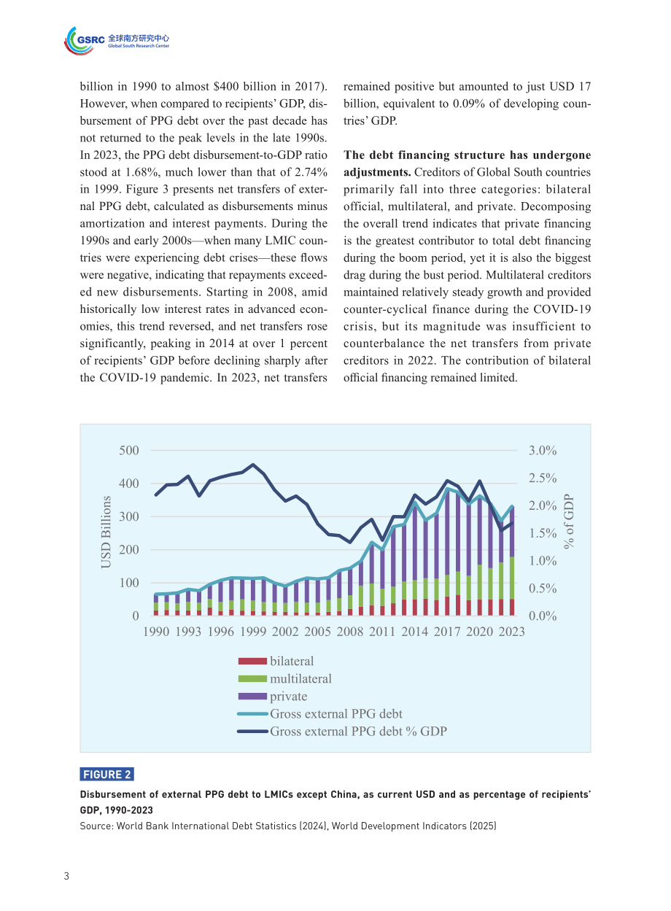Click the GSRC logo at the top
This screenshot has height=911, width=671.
(116, 40)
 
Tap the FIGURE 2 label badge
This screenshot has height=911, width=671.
(106, 774)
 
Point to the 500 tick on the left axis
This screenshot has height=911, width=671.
(129, 450)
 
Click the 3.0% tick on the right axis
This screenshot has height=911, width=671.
(543, 450)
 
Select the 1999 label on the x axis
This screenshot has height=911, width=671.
(253, 632)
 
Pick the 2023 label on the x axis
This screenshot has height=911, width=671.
(511, 632)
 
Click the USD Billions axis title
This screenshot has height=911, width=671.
(106, 532)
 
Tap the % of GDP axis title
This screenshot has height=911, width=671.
(569, 521)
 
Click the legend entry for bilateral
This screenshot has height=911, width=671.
(276, 661)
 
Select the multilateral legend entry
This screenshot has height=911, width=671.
(284, 678)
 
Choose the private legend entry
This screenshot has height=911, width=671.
(273, 696)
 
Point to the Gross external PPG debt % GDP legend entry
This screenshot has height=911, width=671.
(342, 731)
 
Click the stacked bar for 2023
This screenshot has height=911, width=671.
(511, 561)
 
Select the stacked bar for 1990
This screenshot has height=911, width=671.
(156, 605)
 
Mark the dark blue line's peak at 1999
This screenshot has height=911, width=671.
(253, 465)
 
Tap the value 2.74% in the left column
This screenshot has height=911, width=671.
(311, 172)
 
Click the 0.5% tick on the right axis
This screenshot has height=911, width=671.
(543, 588)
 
